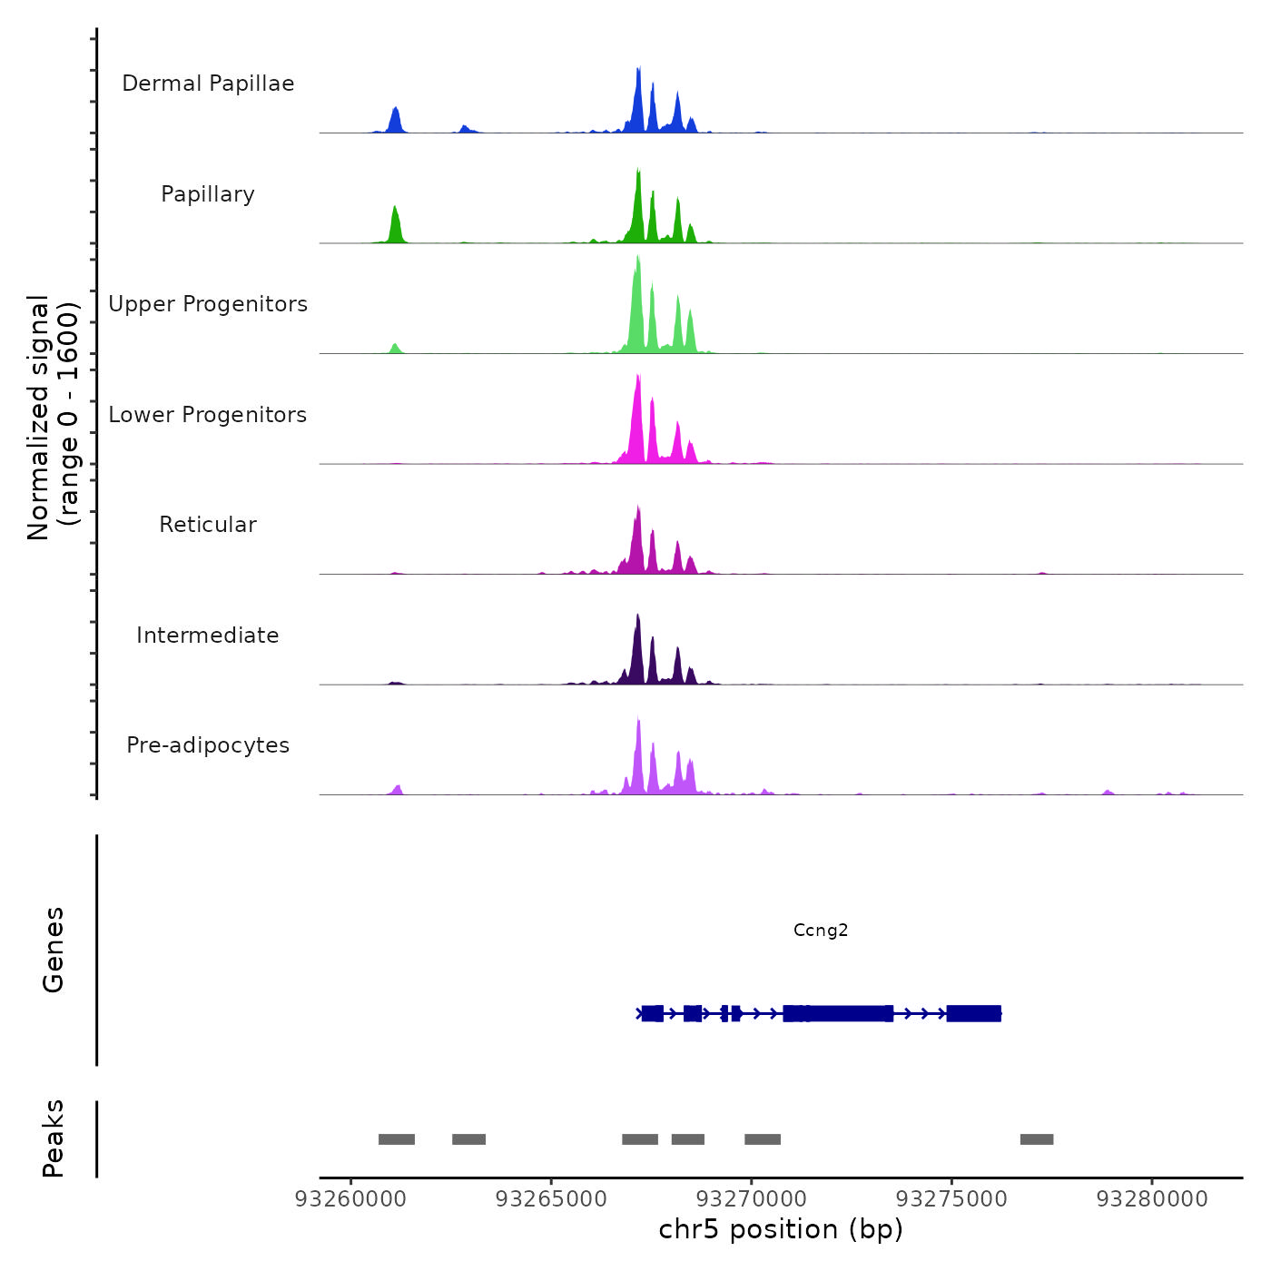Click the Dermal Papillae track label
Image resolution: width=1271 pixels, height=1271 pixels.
(208, 84)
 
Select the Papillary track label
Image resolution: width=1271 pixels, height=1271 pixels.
(208, 194)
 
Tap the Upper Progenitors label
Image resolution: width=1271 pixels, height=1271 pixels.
(208, 304)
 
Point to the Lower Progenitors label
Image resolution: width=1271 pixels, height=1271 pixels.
(208, 415)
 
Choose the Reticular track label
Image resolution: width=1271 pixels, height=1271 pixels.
(208, 525)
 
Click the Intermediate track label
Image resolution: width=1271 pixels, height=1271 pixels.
(208, 635)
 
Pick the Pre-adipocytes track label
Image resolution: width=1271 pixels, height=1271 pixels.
(208, 745)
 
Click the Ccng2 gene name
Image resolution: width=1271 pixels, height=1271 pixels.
(821, 930)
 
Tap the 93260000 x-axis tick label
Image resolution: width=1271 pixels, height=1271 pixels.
(350, 1199)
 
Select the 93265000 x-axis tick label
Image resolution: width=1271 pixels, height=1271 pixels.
(551, 1199)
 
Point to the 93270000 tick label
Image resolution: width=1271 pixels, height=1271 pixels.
(752, 1199)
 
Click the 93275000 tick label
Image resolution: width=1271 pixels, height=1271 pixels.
(951, 1199)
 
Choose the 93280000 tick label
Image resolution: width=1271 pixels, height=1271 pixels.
(1152, 1199)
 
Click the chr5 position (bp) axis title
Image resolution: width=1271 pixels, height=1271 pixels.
(781, 1230)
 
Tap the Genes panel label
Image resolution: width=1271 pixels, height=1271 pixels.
(54, 950)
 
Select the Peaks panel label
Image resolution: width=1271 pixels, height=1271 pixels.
(54, 1138)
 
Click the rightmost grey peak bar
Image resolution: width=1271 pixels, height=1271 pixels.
(1037, 1139)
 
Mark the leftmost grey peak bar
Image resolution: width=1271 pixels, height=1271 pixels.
(397, 1139)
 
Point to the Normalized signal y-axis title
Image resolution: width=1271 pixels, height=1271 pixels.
(53, 418)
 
